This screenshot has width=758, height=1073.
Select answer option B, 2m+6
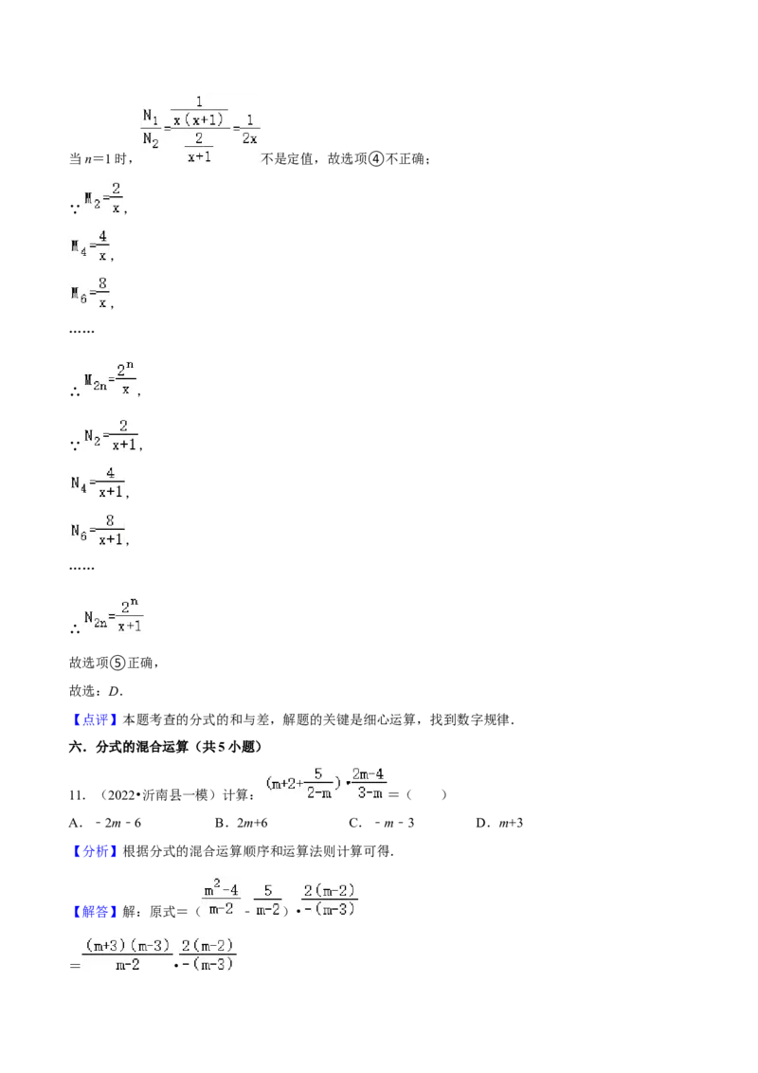[x=242, y=823]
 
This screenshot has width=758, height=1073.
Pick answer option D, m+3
[x=499, y=823]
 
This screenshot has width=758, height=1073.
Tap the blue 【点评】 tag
[x=95, y=719]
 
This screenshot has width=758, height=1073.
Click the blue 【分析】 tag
[x=95, y=851]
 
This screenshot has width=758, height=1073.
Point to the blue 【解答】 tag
[x=95, y=912]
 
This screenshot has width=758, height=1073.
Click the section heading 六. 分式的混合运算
[x=166, y=747]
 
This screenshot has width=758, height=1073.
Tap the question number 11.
[x=77, y=795]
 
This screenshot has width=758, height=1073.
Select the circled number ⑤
[x=118, y=663]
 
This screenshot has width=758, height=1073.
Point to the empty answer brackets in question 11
[x=426, y=794]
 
